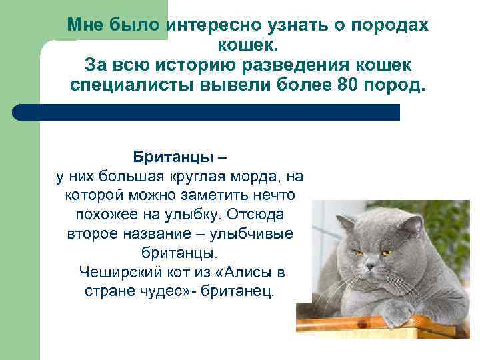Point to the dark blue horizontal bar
coord(206,112)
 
